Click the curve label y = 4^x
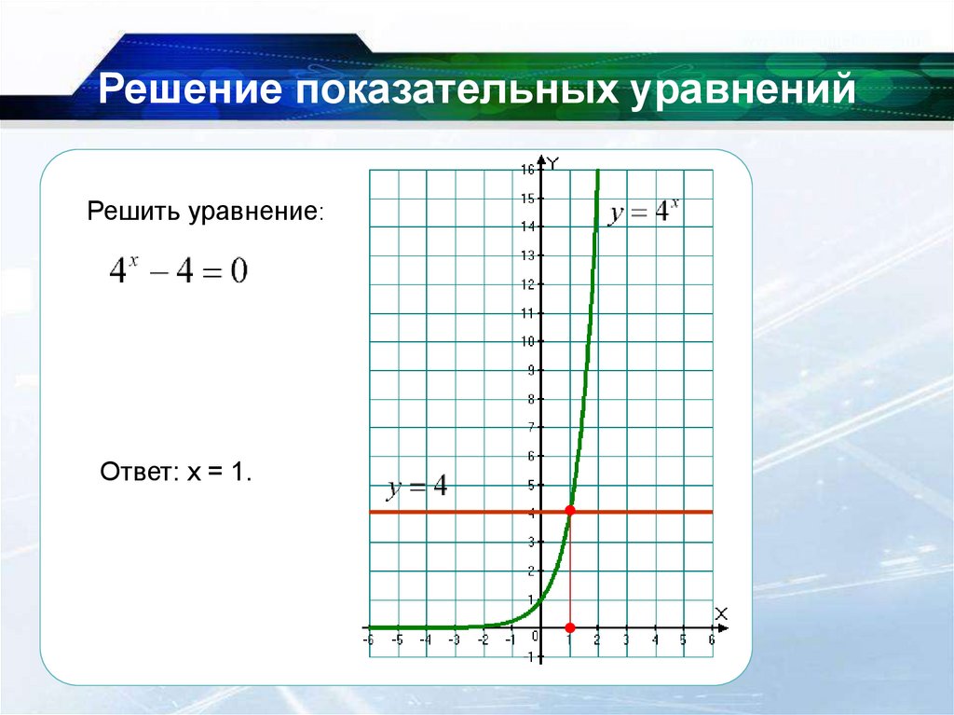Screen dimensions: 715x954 tap(645, 213)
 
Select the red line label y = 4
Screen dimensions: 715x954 tap(417, 488)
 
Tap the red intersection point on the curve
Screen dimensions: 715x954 tap(570, 511)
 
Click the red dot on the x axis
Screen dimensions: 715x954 tap(570, 627)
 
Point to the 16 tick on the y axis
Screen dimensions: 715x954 tap(527, 170)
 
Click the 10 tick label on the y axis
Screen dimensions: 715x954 tap(527, 341)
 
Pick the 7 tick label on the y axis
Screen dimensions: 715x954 tap(530, 428)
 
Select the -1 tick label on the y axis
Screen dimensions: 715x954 tap(528, 657)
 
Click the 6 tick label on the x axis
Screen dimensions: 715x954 tap(712, 640)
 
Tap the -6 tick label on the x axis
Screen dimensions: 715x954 tap(369, 640)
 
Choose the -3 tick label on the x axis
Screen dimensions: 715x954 tap(455, 640)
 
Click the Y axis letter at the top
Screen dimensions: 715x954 tap(552, 165)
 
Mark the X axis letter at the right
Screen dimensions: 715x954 tap(720, 612)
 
